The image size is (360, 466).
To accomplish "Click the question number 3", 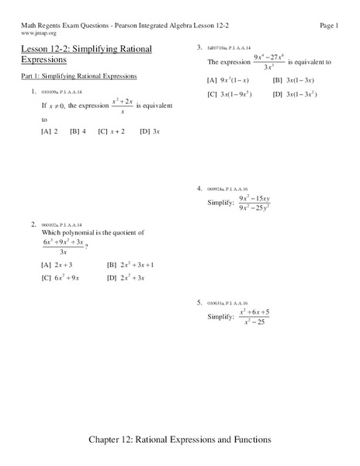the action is click(x=199, y=47).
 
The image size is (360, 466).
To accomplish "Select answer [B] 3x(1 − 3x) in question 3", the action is click(x=296, y=80).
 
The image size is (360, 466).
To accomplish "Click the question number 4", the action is click(x=199, y=187).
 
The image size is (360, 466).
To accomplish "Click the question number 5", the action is click(x=199, y=301).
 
